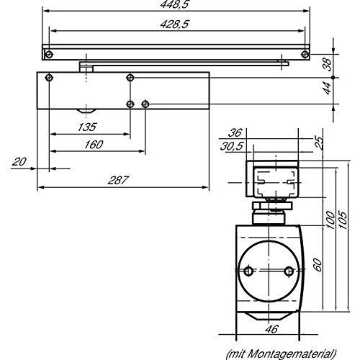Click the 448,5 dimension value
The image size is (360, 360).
click(175, 4)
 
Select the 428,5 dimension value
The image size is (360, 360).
click(175, 24)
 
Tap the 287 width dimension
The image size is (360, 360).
click(118, 180)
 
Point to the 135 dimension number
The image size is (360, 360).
click(87, 127)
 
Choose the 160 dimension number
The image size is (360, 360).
click(94, 145)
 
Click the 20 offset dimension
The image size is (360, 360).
click(19, 162)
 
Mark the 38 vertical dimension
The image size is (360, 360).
click(327, 64)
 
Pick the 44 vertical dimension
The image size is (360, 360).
click(327, 88)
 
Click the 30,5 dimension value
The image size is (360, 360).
click(232, 146)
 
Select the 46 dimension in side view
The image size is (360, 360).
click(271, 329)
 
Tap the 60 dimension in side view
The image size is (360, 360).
click(318, 265)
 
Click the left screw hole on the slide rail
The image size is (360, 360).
click(49, 55)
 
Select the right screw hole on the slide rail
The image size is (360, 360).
click(305, 55)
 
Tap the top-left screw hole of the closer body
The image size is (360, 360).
click(49, 78)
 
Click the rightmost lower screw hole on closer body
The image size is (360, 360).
click(145, 104)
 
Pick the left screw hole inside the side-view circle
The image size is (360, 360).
click(248, 271)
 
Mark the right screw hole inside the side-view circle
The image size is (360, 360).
click(289, 271)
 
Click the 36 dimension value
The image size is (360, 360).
click(235, 132)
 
